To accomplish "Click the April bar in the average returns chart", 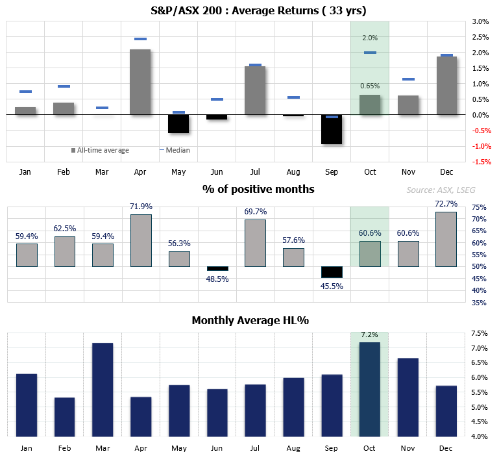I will [140, 82].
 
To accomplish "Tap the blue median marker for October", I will [370, 53].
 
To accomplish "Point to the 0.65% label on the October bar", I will [370, 86].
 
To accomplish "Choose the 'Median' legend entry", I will [175, 150].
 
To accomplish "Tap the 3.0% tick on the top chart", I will [480, 21].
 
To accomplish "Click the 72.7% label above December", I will [446, 203].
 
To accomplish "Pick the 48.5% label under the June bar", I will [217, 279].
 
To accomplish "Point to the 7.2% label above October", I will [370, 335].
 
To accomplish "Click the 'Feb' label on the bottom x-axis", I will [64, 448].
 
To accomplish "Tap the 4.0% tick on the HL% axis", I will [480, 437].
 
